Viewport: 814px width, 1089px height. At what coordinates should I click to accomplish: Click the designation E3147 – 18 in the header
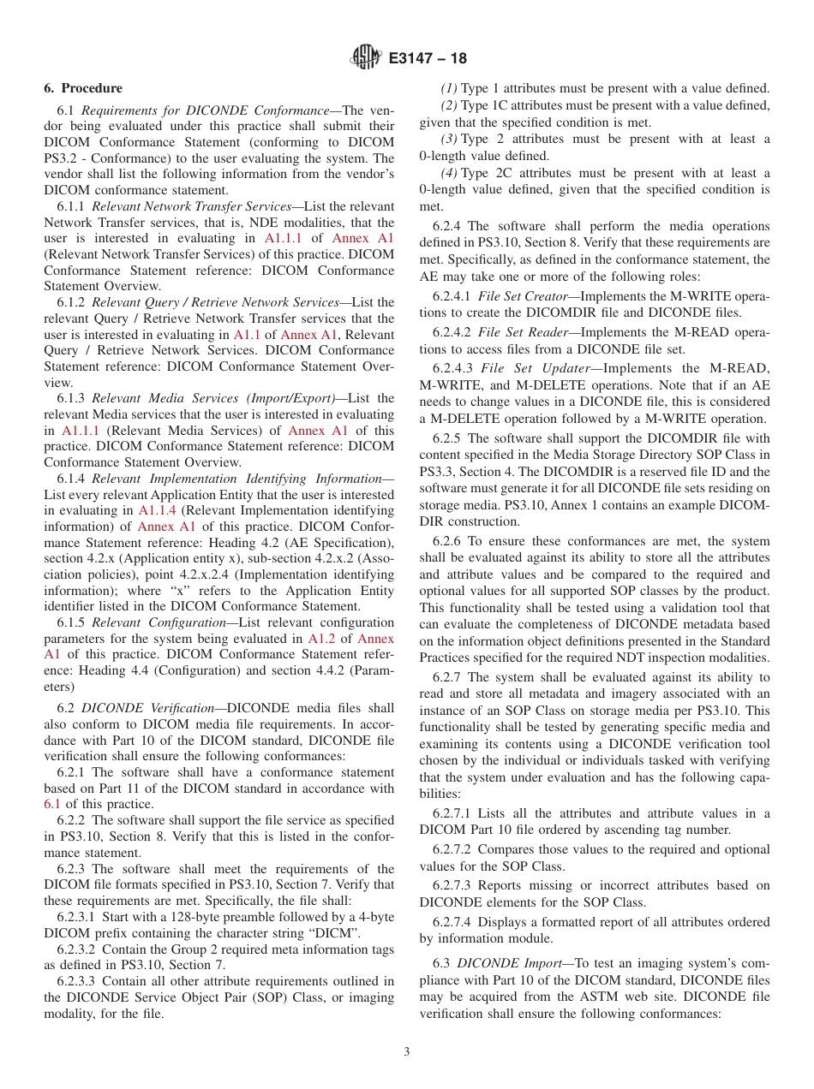[428, 58]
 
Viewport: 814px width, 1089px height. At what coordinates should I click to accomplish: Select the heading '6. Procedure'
[83, 88]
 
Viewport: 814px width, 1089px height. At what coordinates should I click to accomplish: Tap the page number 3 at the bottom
[407, 1051]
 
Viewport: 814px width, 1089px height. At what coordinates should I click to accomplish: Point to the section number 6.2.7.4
[453, 922]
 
